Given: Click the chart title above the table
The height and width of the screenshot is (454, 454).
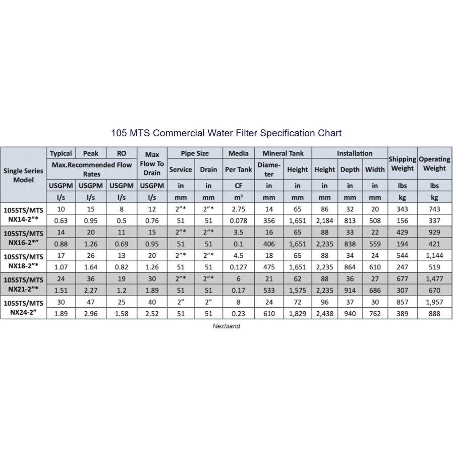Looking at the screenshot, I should [226, 133].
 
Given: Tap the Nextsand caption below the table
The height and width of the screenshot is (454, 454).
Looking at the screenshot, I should [226, 326].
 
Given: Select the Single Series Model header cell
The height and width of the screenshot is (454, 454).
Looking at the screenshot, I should [23, 175].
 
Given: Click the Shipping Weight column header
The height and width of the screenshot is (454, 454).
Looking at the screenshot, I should [402, 164].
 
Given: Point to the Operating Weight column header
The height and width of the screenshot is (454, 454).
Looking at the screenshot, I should [434, 164].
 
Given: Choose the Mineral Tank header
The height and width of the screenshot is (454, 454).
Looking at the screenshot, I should [283, 153].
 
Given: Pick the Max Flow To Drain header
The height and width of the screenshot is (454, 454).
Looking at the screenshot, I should [152, 164].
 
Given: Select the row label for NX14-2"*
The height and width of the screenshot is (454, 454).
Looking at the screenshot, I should [23, 215].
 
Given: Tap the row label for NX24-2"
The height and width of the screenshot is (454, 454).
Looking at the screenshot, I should [23, 308].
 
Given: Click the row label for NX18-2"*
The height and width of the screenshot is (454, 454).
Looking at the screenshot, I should [23, 261].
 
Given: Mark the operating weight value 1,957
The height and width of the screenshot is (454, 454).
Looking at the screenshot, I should [434, 302].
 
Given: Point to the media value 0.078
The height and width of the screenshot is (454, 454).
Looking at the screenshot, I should [239, 220].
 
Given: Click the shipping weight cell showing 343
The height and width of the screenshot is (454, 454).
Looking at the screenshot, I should [402, 209].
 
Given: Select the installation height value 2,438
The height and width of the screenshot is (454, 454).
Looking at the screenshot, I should [324, 314].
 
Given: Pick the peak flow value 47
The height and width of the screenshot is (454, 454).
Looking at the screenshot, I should [91, 302].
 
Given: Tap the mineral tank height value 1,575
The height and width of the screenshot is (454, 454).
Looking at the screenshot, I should [297, 291].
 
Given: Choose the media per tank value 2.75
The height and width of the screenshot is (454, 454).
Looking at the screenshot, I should [239, 209].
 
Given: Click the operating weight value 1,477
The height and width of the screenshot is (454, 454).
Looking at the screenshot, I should [434, 279].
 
